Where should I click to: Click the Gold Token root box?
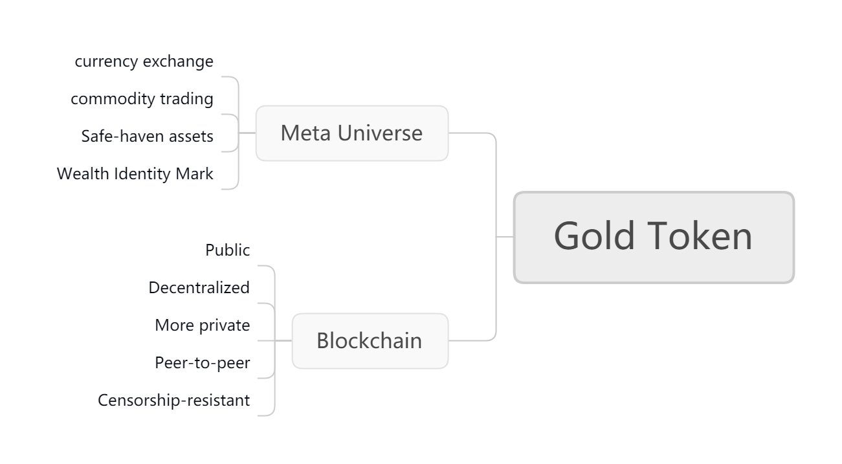[654, 238]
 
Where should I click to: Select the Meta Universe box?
[352, 133]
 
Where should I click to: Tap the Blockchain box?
[370, 341]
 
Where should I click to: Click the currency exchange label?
[144, 61]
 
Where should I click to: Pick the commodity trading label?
[142, 99]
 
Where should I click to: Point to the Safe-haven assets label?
[147, 136]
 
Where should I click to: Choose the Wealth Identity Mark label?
[135, 173]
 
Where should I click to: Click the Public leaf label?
[227, 250]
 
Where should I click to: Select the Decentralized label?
[199, 287]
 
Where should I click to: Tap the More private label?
[202, 326]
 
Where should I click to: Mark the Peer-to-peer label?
[202, 363]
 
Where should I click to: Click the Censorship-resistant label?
[173, 400]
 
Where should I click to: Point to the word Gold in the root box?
[595, 236]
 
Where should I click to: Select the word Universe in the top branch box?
[380, 133]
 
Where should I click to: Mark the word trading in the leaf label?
[187, 99]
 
